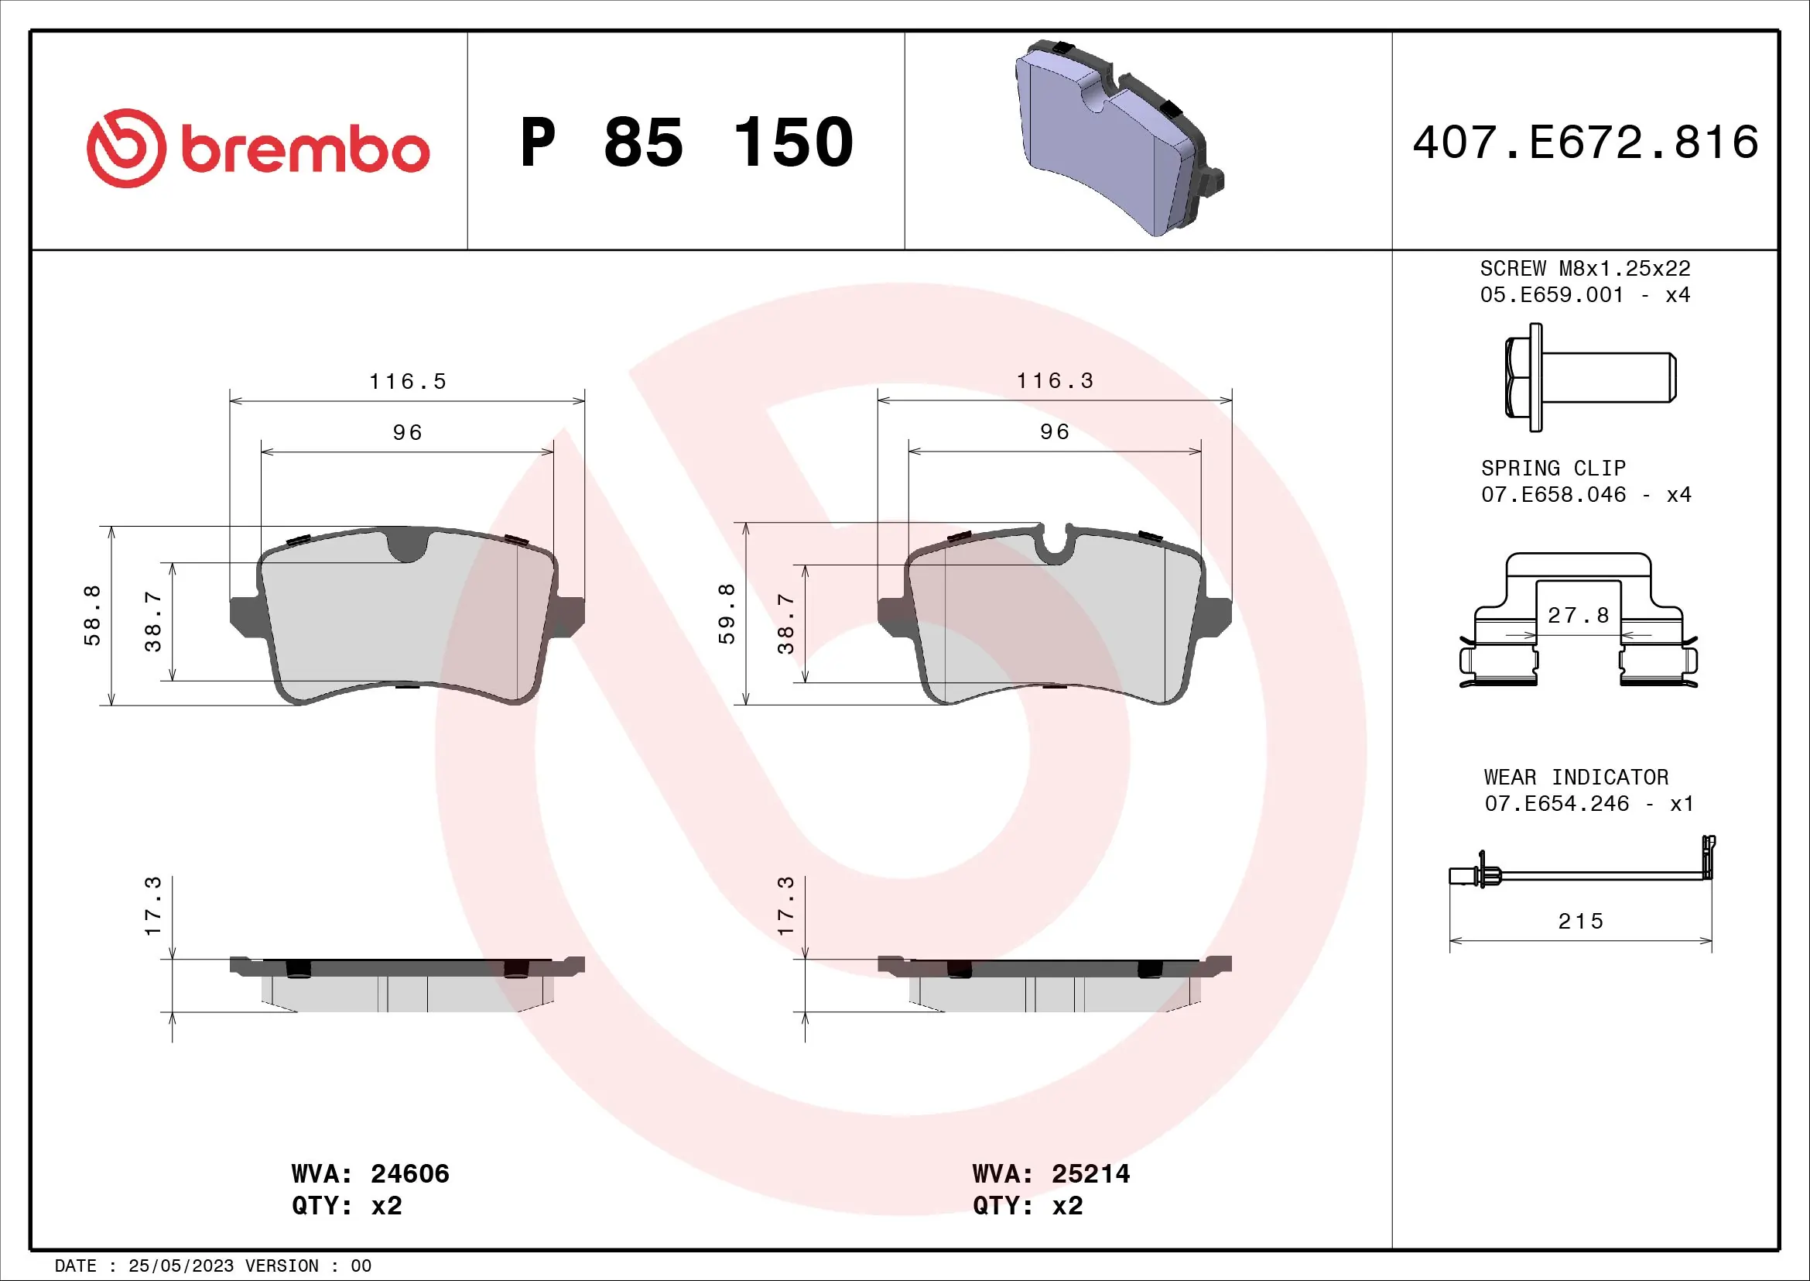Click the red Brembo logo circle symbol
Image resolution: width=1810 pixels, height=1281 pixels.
pyautogui.click(x=126, y=148)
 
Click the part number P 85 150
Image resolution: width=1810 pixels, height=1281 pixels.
pyautogui.click(x=686, y=143)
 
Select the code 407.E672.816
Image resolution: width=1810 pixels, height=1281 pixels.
pyautogui.click(x=1586, y=143)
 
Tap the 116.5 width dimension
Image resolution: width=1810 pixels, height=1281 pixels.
pyautogui.click(x=408, y=382)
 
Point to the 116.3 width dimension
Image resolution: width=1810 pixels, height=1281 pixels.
pyautogui.click(x=1055, y=381)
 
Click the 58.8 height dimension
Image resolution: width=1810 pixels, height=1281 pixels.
pyautogui.click(x=92, y=615)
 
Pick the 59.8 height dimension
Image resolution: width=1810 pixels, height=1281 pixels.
pyautogui.click(x=726, y=613)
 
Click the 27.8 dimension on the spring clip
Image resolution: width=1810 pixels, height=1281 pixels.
pyautogui.click(x=1578, y=615)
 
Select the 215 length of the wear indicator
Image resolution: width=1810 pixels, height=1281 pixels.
pyautogui.click(x=1581, y=922)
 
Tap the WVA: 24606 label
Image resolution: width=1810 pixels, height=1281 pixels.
pyautogui.click(x=370, y=1173)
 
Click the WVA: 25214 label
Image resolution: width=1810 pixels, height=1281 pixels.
pyautogui.click(x=1051, y=1173)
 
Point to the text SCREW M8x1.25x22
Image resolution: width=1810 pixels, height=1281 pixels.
pyautogui.click(x=1585, y=268)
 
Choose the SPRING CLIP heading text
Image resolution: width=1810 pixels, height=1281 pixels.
pyautogui.click(x=1553, y=468)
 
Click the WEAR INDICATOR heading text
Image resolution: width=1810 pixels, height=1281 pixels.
pyautogui.click(x=1576, y=777)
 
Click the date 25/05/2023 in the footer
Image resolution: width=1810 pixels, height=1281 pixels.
pyautogui.click(x=180, y=1266)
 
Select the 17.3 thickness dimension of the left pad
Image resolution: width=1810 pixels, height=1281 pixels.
pyautogui.click(x=153, y=905)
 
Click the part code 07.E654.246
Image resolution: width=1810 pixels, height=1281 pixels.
pyautogui.click(x=1556, y=803)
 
